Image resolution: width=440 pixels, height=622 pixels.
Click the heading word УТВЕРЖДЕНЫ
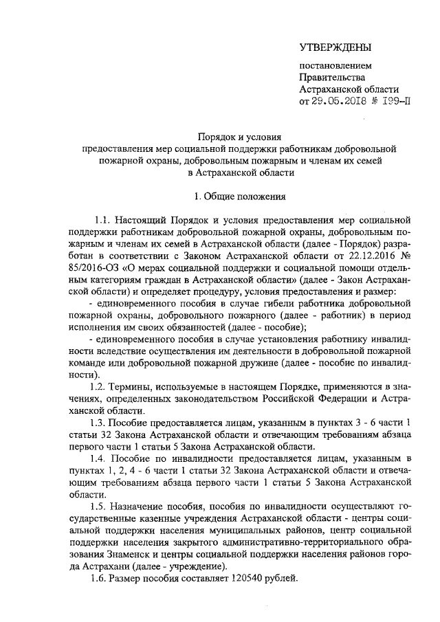335,47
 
